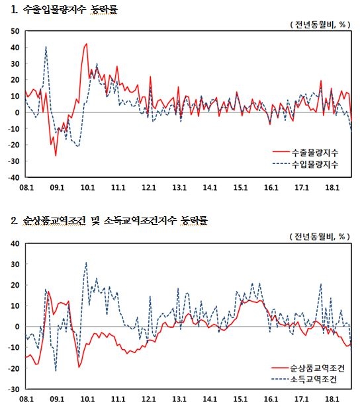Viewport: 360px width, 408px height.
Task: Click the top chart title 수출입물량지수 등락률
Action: [x=70, y=10]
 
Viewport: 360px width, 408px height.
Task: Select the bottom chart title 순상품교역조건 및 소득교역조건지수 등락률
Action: [x=115, y=221]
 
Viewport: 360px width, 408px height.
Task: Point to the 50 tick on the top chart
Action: [x=15, y=31]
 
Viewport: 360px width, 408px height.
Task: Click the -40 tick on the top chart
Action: [x=14, y=177]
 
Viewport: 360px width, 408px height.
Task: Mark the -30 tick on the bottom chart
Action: [x=14, y=389]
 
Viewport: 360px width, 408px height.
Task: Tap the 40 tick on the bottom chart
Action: [x=15, y=243]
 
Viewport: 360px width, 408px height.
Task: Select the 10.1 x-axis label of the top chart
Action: [x=87, y=187]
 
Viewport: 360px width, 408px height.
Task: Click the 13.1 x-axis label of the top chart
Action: [x=179, y=187]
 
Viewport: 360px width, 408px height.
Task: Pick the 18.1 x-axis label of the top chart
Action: [x=332, y=187]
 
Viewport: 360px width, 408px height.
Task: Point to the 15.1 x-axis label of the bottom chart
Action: [x=240, y=399]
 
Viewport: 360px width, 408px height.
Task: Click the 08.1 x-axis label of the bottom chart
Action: [x=26, y=399]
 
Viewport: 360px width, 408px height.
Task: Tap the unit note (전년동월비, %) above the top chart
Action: [x=320, y=24]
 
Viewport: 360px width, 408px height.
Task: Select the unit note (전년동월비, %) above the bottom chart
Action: [x=320, y=236]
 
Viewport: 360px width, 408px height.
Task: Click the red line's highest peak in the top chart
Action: [x=87, y=44]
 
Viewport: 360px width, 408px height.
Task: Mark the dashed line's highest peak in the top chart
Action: [x=46, y=46]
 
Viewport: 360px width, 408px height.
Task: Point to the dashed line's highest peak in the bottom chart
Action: [x=86, y=263]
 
